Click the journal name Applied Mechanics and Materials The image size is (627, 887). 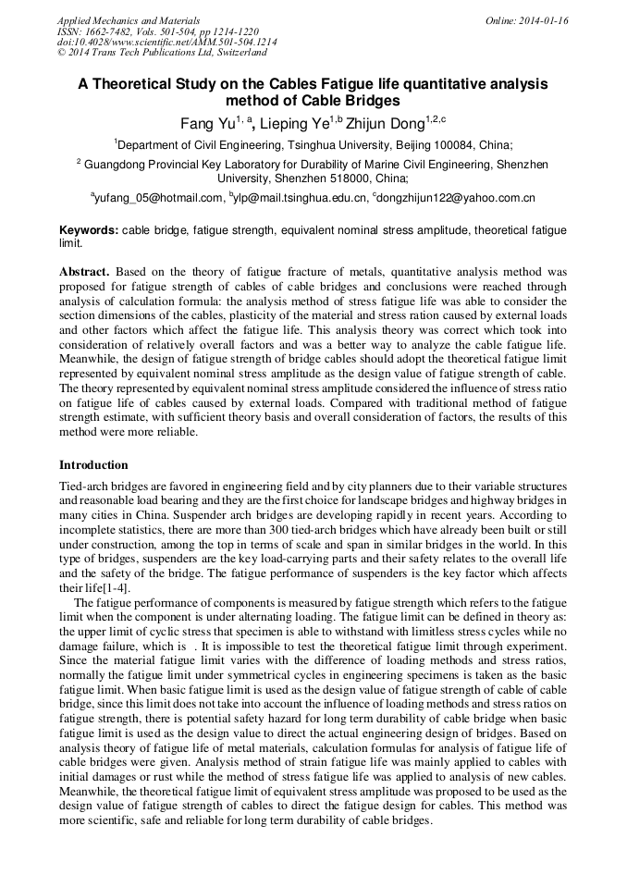(x=129, y=20)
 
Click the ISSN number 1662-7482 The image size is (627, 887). (x=115, y=31)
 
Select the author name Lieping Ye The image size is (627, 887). (x=294, y=124)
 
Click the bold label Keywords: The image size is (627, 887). (x=89, y=230)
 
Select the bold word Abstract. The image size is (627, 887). (x=84, y=272)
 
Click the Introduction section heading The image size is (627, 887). (x=93, y=464)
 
